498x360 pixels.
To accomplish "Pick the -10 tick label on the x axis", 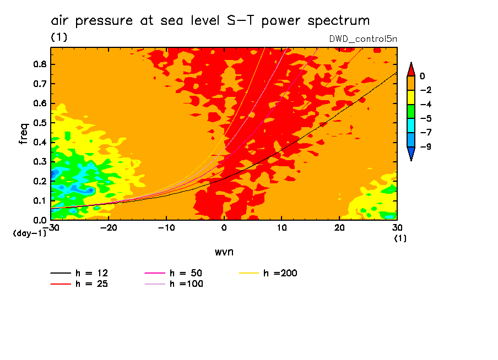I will click(x=166, y=227).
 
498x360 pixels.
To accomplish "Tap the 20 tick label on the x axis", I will click(x=339, y=227).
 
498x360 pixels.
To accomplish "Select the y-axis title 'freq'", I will click(x=24, y=134).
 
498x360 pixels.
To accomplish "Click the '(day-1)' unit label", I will click(x=30, y=233).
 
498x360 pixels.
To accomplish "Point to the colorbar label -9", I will click(x=422, y=146).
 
